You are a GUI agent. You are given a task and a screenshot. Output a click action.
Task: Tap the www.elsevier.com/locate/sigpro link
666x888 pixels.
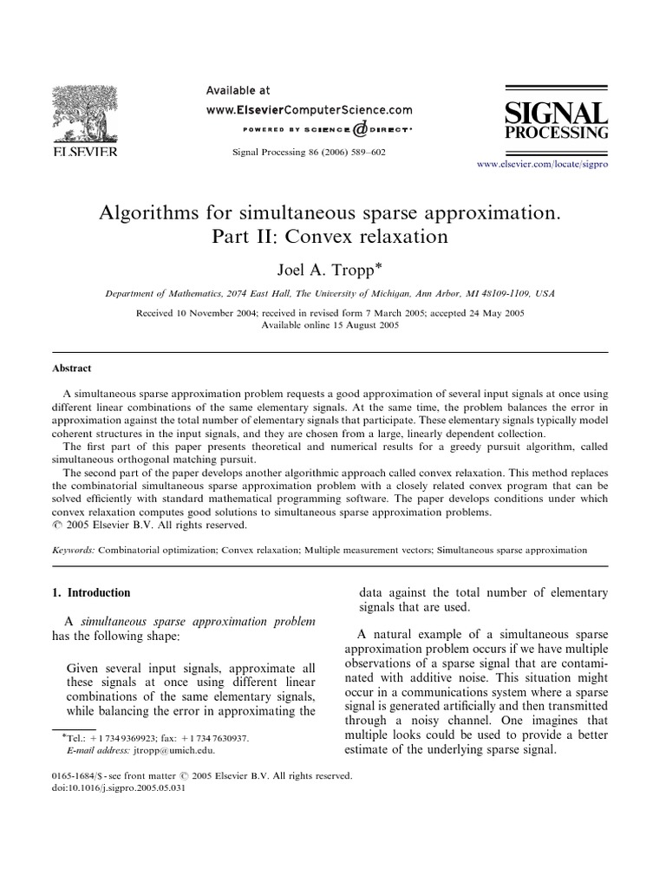coord(544,164)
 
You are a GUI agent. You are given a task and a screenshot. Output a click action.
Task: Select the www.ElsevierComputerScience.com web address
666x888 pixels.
coord(309,110)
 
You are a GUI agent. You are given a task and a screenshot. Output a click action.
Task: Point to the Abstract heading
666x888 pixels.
coord(72,369)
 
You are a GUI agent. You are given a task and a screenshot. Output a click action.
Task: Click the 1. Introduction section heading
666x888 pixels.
coord(92,593)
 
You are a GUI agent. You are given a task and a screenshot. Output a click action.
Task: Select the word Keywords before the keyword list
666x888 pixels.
coord(74,550)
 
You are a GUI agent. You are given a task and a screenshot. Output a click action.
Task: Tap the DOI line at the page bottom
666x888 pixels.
coord(119,788)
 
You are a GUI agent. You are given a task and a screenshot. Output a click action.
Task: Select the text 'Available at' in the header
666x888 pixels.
coord(238,90)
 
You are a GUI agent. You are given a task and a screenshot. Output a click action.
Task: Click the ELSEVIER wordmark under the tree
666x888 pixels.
coord(88,153)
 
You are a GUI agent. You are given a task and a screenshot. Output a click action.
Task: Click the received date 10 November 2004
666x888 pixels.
coord(211,313)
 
